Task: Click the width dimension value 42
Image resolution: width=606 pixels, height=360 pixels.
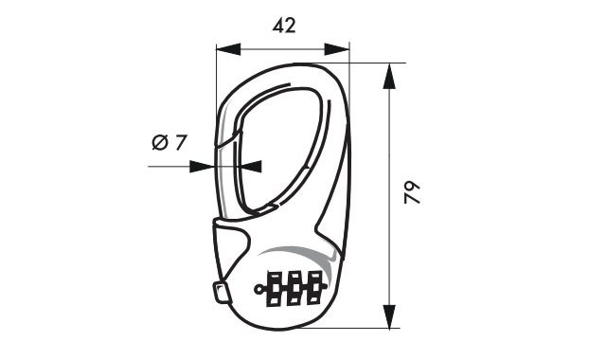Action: pyautogui.click(x=283, y=26)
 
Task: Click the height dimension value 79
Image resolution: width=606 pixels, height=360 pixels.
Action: pyautogui.click(x=411, y=194)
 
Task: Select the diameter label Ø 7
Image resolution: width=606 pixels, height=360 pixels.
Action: pyautogui.click(x=169, y=143)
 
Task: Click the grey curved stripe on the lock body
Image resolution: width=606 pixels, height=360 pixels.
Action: pyautogui.click(x=294, y=252)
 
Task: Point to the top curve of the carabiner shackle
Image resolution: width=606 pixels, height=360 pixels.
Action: pyautogui.click(x=284, y=70)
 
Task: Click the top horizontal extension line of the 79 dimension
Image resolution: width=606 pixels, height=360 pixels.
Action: pyautogui.click(x=374, y=63)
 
